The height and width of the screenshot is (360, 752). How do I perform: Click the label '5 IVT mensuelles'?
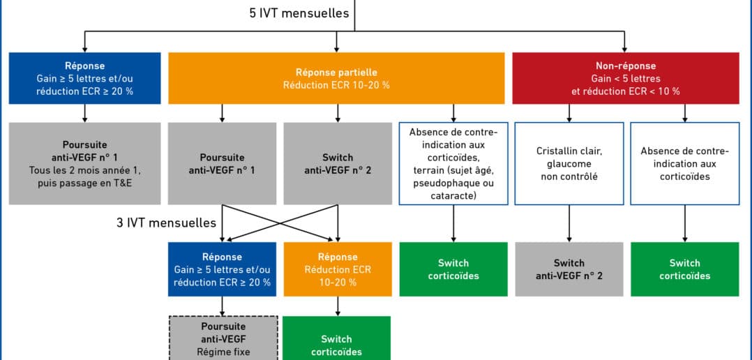coord(299,13)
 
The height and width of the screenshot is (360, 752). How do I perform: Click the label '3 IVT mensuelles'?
coord(166,223)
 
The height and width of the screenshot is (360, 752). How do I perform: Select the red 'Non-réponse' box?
coord(625,78)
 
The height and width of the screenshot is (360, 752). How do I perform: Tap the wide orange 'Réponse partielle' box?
coord(336,78)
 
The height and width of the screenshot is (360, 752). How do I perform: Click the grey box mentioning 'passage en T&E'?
coord(84,163)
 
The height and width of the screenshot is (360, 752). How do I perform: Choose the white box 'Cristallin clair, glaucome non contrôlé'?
coord(569,163)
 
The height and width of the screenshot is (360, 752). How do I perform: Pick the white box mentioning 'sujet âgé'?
coord(453,163)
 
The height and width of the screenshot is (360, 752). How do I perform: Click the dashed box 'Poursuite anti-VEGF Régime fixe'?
coord(223,338)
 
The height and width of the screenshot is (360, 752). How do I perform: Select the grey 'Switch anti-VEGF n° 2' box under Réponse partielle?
coord(338,163)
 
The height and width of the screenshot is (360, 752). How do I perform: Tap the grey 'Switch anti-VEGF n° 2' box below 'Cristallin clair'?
coord(569,269)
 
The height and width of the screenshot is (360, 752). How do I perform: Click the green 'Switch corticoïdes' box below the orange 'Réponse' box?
coord(337,338)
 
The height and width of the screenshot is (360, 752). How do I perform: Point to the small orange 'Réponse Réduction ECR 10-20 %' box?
coord(338,269)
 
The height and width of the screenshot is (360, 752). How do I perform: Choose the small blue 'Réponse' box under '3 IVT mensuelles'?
coord(222,269)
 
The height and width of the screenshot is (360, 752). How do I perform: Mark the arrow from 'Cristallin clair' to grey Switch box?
coord(569,223)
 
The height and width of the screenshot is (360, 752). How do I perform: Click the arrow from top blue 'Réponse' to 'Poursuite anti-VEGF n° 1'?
coord(84,113)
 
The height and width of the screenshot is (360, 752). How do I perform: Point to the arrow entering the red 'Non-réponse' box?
coord(625,42)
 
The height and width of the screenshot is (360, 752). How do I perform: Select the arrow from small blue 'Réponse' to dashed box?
coord(222,306)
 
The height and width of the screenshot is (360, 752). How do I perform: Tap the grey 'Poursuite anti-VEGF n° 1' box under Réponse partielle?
coord(222,163)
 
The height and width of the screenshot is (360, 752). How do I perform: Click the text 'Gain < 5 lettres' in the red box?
coord(625,79)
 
